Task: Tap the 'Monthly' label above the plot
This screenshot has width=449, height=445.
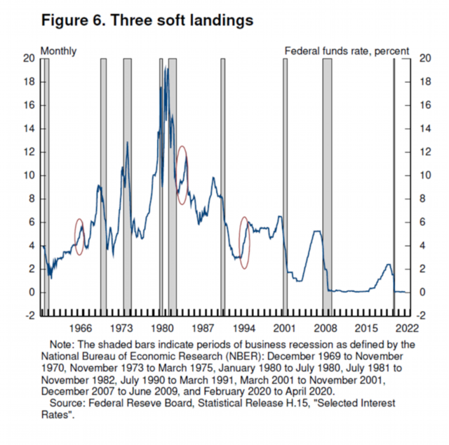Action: tap(59, 51)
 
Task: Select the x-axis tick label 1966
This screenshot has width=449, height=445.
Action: tap(81, 328)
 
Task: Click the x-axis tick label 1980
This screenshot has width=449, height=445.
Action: tap(163, 328)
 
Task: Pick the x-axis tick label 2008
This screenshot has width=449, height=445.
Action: tap(323, 328)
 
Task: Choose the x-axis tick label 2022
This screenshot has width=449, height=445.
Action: tap(406, 328)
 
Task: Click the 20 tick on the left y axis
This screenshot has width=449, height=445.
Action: tap(29, 59)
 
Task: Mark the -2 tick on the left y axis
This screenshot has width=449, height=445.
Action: tap(29, 316)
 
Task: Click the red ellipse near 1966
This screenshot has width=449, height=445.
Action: tap(79, 237)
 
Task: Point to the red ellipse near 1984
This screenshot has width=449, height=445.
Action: tap(182, 175)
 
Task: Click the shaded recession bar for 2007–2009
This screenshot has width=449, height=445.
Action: tap(327, 182)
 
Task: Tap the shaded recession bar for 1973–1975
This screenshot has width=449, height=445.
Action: tap(128, 182)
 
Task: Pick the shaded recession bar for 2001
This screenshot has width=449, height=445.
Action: tap(285, 182)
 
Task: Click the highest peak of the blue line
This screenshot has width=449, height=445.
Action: tap(167, 67)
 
